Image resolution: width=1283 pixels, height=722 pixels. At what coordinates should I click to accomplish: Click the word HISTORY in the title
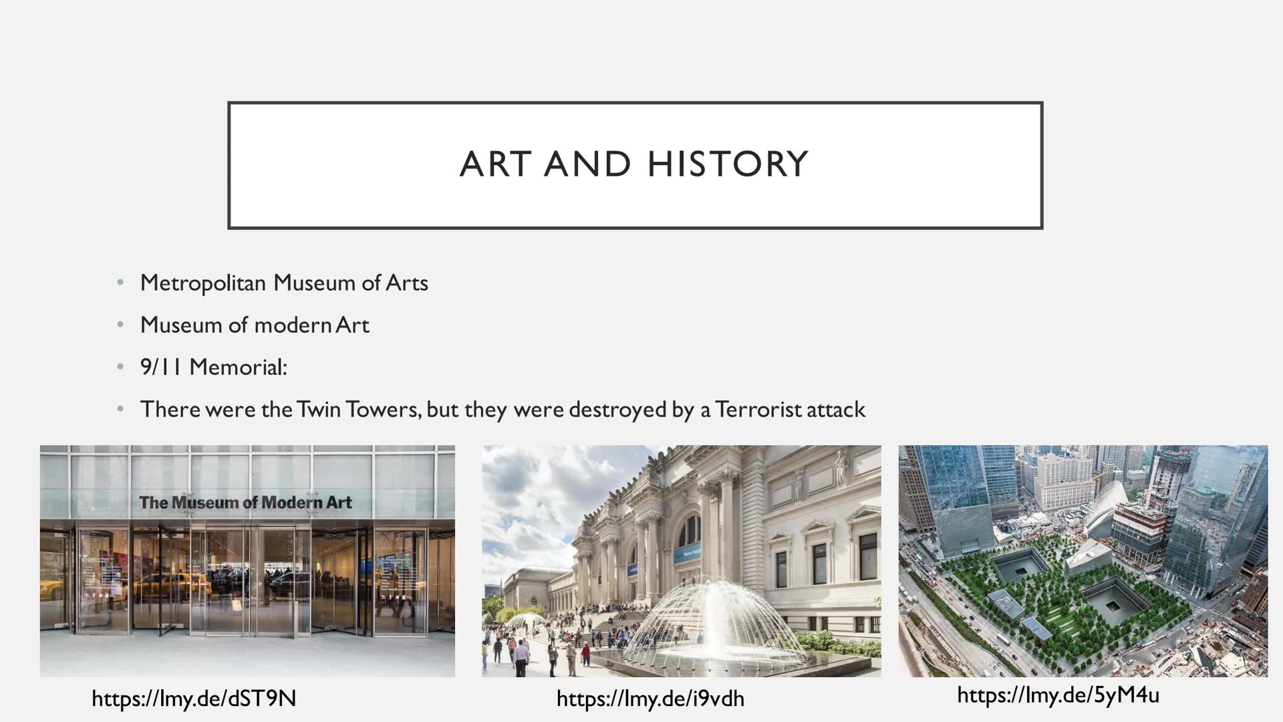point(728,164)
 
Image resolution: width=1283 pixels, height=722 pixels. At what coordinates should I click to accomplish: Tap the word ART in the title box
point(496,164)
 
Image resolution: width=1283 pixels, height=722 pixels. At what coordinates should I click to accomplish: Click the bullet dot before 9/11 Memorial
point(120,367)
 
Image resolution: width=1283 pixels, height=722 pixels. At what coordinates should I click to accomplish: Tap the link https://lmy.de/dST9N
point(194,699)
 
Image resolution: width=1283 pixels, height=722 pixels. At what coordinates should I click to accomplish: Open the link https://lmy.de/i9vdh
point(650,699)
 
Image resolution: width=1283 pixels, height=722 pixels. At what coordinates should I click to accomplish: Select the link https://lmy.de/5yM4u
point(1058,695)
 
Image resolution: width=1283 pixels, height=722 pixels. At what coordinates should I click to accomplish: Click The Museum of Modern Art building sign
point(245,503)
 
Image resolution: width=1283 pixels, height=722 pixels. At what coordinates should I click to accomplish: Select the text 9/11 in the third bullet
point(161,367)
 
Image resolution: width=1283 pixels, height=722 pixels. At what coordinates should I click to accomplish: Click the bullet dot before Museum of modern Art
point(120,325)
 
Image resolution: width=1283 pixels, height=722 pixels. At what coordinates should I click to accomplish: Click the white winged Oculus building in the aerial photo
point(1109,508)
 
